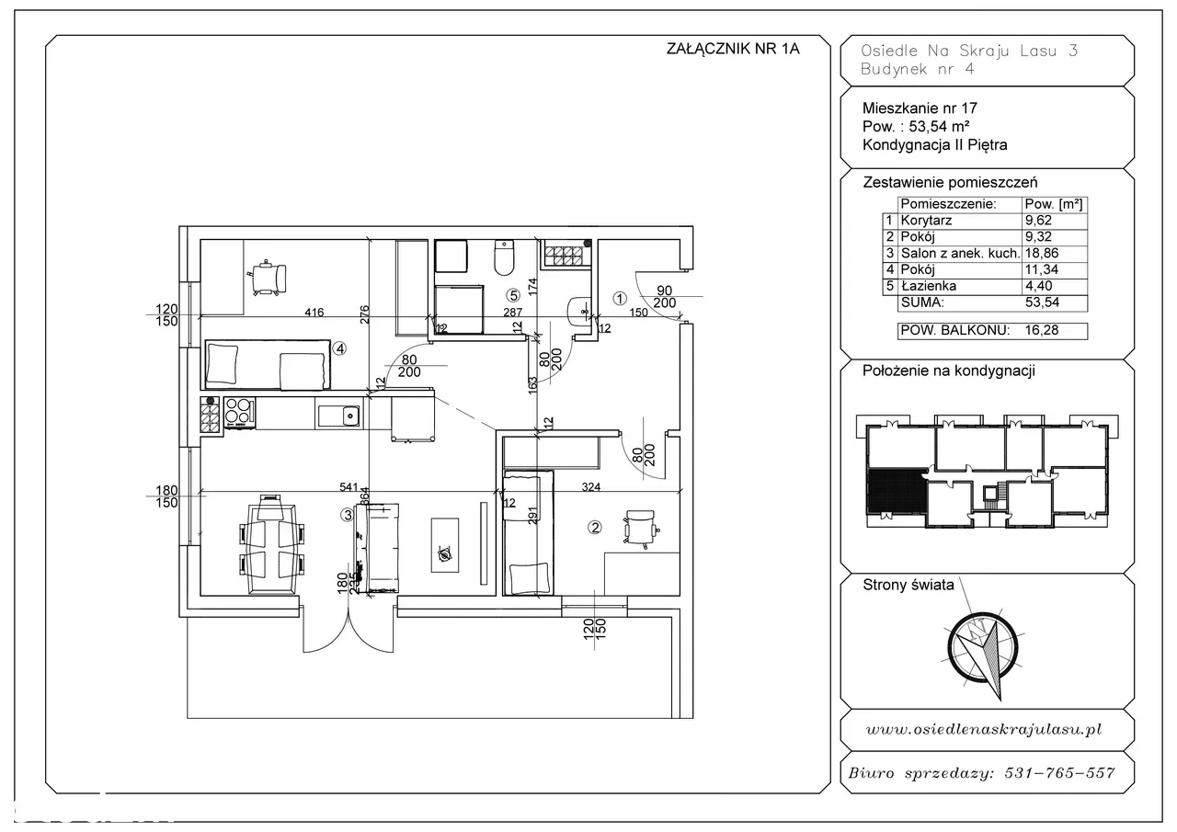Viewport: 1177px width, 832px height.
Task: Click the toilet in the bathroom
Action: (505, 257)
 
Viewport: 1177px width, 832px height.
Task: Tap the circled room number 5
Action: (513, 295)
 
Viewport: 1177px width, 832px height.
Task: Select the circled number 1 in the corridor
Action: (620, 299)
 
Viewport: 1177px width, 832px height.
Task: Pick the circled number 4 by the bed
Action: (339, 348)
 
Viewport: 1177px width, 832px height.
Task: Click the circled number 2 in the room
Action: (595, 527)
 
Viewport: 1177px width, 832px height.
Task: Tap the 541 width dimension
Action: (349, 487)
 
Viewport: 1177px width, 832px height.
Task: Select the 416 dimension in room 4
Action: (314, 312)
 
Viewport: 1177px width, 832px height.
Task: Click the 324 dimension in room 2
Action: (591, 487)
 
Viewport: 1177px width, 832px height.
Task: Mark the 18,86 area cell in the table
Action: (1042, 253)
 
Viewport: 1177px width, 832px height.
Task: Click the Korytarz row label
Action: (926, 220)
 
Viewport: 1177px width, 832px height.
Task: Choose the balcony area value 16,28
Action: (1042, 330)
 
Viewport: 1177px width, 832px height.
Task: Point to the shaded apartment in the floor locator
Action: (897, 491)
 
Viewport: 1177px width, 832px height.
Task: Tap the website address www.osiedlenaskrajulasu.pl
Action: (983, 729)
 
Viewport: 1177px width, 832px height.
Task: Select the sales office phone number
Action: (1059, 772)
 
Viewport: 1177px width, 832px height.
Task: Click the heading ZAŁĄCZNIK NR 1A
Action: (733, 49)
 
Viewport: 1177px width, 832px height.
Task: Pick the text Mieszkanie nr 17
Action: (920, 108)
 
